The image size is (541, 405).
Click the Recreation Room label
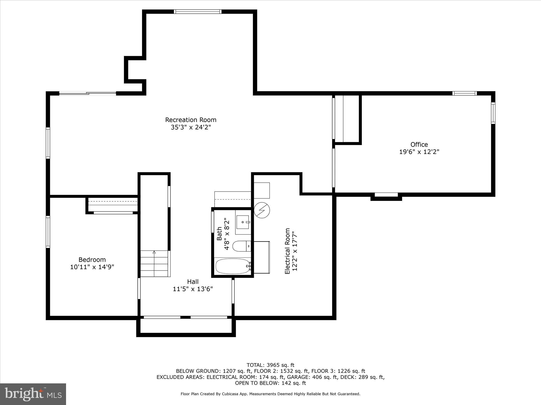pos(190,120)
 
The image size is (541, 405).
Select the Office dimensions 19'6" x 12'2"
pos(419,152)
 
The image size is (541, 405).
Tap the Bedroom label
pos(92,260)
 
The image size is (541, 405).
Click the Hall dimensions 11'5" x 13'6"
pos(193,289)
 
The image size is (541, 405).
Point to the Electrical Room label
pos(287,251)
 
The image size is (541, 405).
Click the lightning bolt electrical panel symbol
pos(262,210)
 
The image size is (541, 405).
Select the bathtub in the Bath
pos(232,266)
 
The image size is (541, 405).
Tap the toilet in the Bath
pos(239,246)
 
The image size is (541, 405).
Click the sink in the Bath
pos(243,222)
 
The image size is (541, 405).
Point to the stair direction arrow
pos(154,252)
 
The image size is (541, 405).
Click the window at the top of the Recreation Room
pos(198,12)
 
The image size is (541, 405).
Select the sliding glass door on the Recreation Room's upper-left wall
pos(87,93)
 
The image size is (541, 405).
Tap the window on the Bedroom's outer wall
pos(48,232)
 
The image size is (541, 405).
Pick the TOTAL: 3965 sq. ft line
pos(270,365)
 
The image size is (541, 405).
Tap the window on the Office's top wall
pos(464,93)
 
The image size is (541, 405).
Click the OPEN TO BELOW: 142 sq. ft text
pos(270,383)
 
